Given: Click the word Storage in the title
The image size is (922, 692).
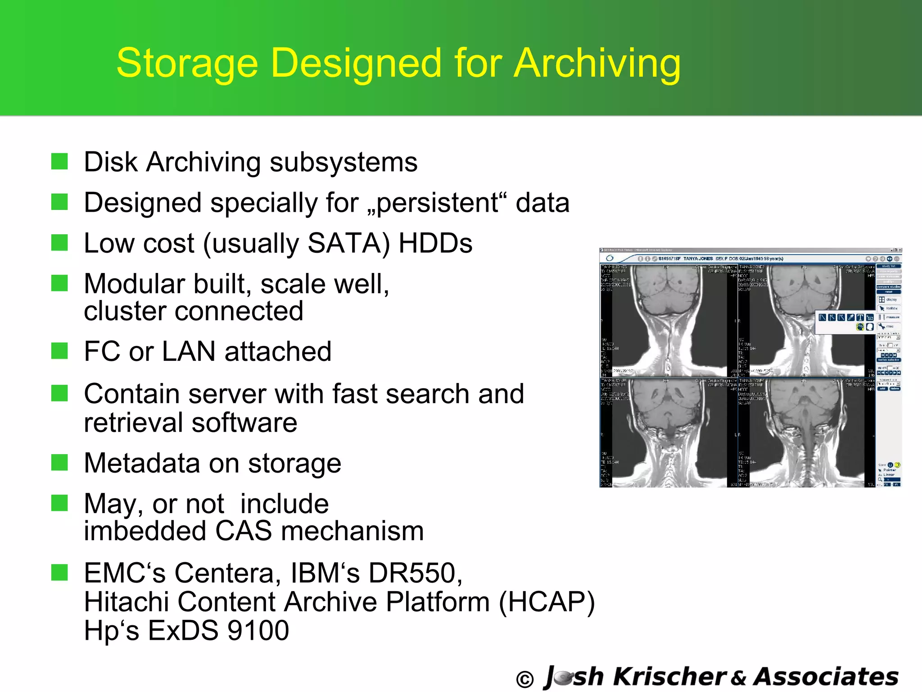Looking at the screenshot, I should coord(187,64).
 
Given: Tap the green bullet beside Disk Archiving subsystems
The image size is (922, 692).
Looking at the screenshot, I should coord(59,161).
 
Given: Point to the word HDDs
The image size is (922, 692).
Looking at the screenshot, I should coord(435,243).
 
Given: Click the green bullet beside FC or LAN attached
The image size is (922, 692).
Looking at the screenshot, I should coord(59,351).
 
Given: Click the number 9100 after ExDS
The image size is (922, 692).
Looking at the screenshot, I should coord(258,630).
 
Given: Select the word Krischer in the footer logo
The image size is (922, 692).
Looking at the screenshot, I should coord(669,677).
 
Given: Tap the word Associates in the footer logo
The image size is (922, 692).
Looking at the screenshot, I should coord(826,677).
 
